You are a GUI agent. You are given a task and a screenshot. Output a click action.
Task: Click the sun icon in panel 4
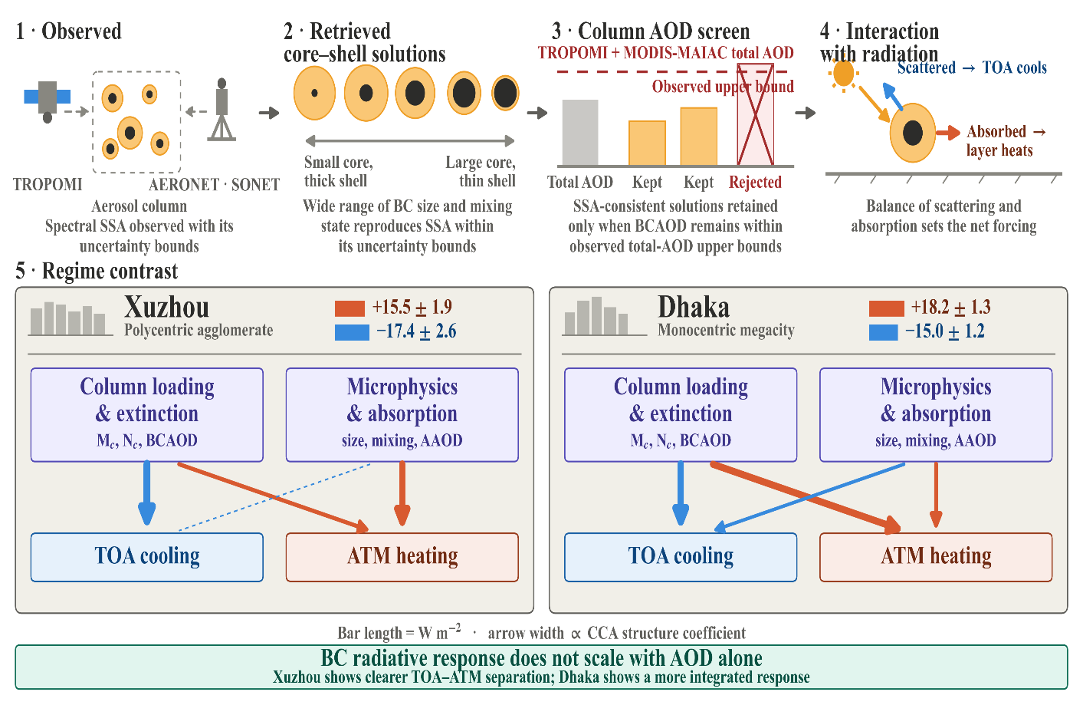(844, 74)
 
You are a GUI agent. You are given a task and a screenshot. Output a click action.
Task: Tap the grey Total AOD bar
(580, 133)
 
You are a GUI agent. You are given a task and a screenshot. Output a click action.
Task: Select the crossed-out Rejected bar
(755, 114)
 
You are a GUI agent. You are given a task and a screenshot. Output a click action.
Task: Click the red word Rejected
(755, 183)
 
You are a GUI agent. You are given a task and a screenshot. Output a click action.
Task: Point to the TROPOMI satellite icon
(48, 100)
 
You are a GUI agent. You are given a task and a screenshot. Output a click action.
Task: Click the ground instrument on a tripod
(222, 110)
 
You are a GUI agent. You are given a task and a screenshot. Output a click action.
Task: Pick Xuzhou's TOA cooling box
(147, 557)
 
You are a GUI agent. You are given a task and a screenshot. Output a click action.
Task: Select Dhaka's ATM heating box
(936, 557)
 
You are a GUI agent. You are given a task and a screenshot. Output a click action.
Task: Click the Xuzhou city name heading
(166, 307)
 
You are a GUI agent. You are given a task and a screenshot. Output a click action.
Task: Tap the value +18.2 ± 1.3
(950, 308)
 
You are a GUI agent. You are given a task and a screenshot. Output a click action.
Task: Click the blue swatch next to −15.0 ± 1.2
(883, 332)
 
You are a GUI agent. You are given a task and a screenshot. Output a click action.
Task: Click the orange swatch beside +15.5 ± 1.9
(350, 308)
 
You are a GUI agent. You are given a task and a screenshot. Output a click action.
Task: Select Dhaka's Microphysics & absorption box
(936, 415)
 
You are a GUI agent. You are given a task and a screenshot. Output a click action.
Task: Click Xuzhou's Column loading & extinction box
(147, 415)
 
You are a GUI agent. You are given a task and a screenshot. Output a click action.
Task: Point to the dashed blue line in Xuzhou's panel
(274, 497)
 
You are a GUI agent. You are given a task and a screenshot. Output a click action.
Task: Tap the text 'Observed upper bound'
(723, 87)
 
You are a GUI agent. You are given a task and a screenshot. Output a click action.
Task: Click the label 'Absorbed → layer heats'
(1006, 141)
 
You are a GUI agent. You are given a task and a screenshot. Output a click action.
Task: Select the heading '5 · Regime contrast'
(97, 271)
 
